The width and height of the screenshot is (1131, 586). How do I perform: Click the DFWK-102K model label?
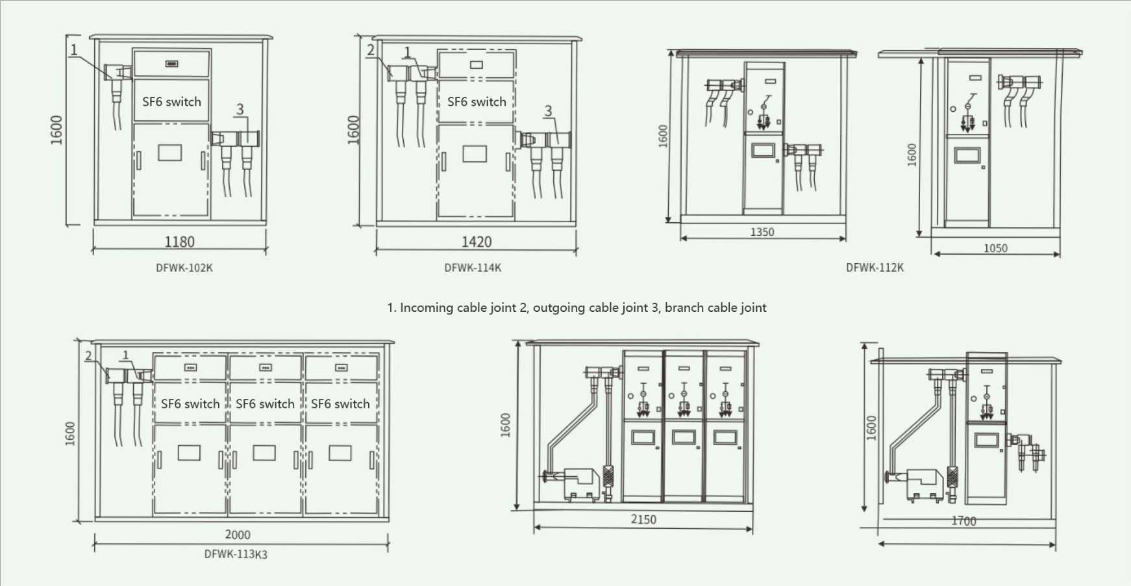(184, 268)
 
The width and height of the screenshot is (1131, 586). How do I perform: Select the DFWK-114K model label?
(473, 268)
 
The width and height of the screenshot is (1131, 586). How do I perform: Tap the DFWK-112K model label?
(875, 268)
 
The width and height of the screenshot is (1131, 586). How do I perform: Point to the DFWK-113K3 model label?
(236, 554)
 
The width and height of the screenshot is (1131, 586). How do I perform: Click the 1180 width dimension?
(179, 242)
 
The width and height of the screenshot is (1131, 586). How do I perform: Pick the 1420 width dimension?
(477, 242)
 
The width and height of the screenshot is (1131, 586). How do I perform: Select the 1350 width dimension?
(762, 232)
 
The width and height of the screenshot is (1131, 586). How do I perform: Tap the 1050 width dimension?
(995, 248)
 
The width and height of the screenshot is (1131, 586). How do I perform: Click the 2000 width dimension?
(238, 535)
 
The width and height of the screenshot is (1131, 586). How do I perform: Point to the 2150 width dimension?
(643, 519)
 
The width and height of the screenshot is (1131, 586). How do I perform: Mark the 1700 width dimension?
(963, 520)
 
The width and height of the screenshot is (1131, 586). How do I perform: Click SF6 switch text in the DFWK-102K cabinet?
(171, 101)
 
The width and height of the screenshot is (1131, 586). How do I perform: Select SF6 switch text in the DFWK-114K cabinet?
(477, 101)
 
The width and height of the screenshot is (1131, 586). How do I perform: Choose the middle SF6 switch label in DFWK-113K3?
(265, 403)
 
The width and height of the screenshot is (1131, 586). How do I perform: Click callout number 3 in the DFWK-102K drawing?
(240, 109)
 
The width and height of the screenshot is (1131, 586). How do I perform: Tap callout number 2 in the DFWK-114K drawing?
(371, 50)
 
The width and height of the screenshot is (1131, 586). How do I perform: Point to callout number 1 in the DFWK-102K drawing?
(74, 49)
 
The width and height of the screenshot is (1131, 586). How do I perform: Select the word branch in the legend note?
(684, 307)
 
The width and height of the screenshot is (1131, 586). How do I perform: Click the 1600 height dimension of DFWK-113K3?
(70, 433)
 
